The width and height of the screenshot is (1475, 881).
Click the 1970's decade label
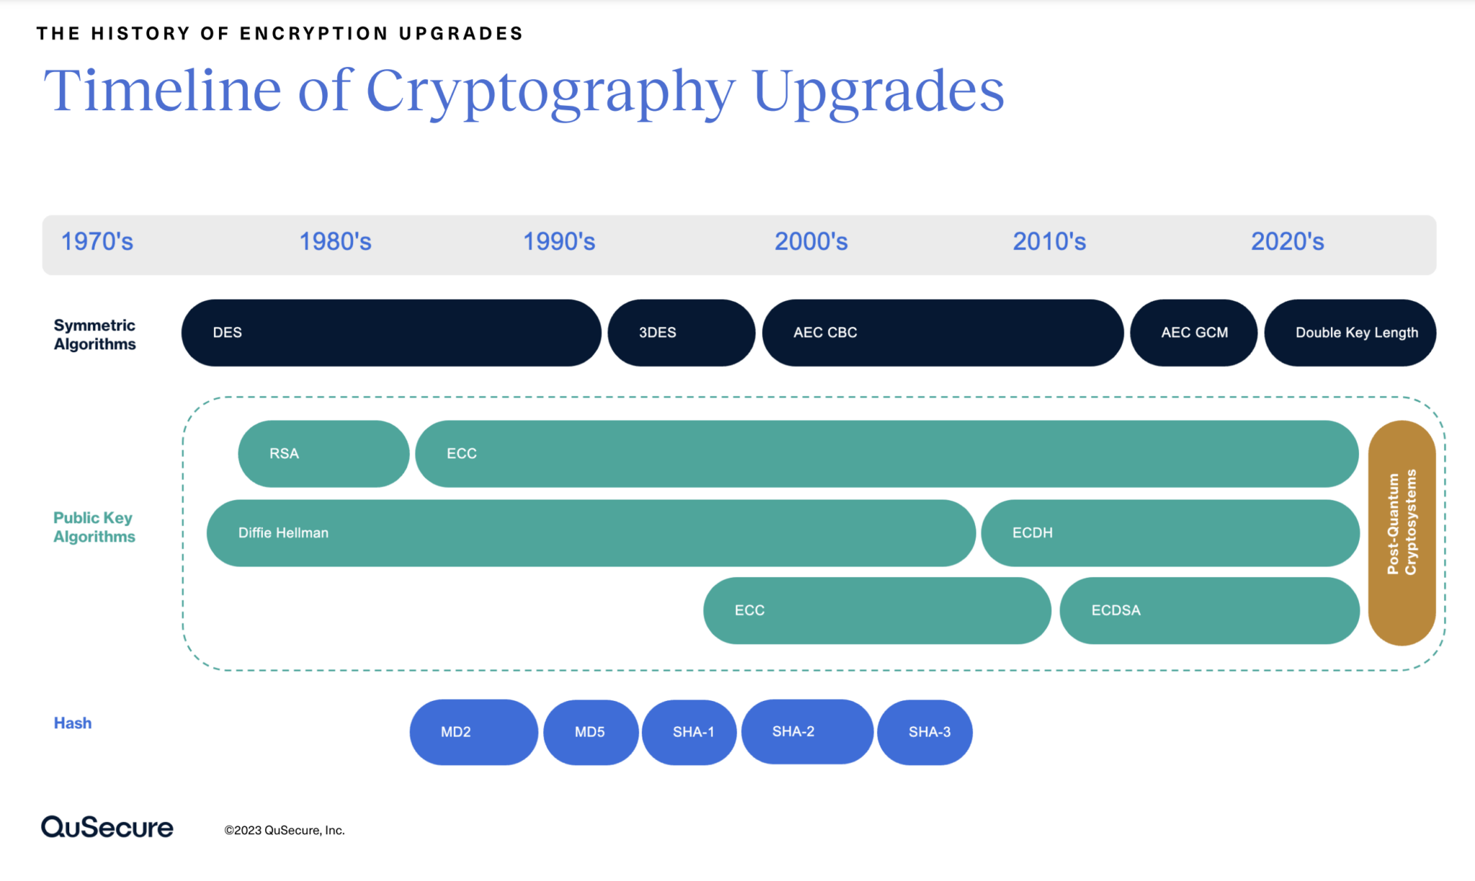pos(97,242)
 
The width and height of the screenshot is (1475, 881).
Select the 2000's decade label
pos(811,242)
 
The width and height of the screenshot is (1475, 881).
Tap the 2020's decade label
pos(1287,242)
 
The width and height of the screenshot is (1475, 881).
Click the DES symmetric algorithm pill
pos(390,333)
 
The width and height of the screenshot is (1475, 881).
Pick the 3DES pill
pos(681,333)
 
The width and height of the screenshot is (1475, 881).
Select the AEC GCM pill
pos(1193,333)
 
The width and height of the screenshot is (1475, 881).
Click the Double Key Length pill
pos(1350,333)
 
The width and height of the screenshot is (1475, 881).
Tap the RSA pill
pos(323,453)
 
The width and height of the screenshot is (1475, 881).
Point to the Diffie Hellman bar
pos(591,533)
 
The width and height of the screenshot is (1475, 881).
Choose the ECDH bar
pos(1170,533)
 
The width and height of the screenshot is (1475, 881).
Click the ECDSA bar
pos(1209,610)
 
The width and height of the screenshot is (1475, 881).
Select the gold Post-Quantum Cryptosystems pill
pos(1402,533)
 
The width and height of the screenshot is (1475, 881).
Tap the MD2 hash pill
pos(473,732)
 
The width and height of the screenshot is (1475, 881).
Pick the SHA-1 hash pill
pos(689,732)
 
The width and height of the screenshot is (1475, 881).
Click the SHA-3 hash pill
pos(925,732)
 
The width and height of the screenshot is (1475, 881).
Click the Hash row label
pos(73,723)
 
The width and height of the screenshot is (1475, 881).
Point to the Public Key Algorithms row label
pos(94,528)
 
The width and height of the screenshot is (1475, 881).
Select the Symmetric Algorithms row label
pos(94,335)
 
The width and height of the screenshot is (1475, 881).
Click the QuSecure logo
pos(107,827)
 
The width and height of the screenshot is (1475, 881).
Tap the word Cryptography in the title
pos(550,92)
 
